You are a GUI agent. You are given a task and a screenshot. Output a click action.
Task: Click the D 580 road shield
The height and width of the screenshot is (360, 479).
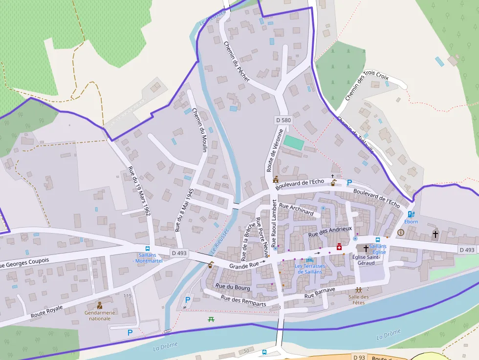pos(283,120)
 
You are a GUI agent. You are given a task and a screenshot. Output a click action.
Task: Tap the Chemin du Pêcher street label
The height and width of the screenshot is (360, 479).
pos(237,61)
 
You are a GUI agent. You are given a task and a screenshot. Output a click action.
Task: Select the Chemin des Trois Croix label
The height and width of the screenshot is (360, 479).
pos(366,87)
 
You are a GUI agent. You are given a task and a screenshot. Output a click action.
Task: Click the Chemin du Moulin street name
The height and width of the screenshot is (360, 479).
pos(201,129)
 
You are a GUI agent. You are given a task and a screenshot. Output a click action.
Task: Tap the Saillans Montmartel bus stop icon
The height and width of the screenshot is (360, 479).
pos(148,249)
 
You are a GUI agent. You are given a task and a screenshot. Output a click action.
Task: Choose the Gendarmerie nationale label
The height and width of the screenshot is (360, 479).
pos(100,316)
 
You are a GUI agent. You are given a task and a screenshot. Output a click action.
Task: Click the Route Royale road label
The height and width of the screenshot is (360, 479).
pos(47,312)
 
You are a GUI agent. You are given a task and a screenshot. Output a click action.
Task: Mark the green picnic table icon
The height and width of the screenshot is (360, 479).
pos(211,319)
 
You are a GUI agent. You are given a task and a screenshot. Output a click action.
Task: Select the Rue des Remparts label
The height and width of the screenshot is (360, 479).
pos(243,300)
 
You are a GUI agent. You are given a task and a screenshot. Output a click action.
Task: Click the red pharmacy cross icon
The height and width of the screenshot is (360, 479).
pos(338,247)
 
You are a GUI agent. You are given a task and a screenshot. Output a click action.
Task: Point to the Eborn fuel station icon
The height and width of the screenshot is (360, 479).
pos(411,214)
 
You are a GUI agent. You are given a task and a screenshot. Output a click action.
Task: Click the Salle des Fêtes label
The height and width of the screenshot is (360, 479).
pos(358,299)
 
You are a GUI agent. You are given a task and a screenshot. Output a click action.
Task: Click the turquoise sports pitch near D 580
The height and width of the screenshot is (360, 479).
pos(294,143)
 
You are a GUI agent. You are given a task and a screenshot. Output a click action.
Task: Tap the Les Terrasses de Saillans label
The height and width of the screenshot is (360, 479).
pos(310,269)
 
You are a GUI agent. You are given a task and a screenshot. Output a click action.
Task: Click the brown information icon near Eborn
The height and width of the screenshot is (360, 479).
pos(401,233)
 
